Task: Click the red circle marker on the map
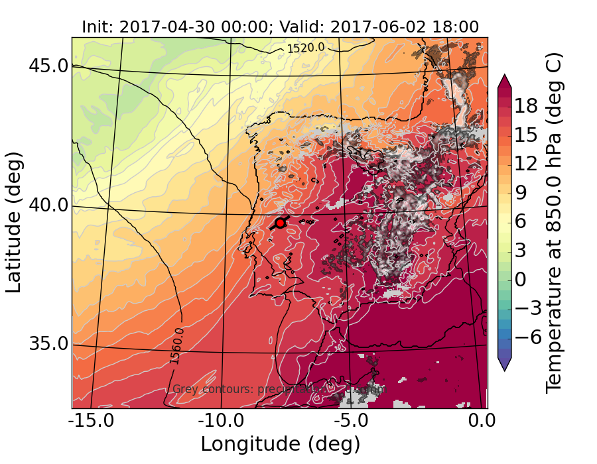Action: click(x=280, y=223)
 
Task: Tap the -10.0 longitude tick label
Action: click(x=221, y=422)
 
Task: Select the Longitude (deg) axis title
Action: click(x=280, y=443)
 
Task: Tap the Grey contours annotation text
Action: click(x=279, y=389)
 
